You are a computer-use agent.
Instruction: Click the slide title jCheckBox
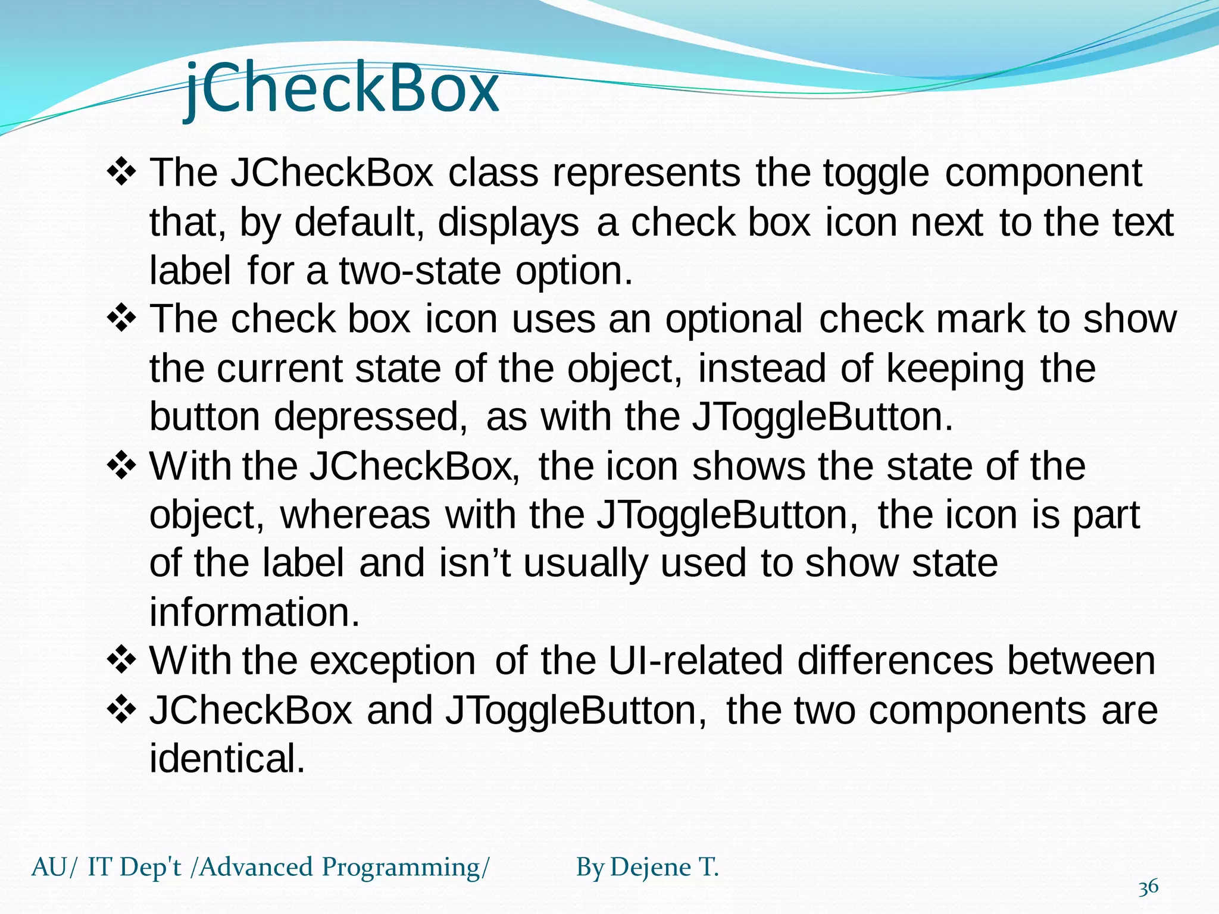(342, 89)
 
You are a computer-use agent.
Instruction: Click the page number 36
(1148, 887)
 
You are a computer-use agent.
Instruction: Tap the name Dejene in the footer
(651, 867)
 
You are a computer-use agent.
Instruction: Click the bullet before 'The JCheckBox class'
(122, 173)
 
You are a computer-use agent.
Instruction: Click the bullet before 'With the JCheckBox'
(122, 466)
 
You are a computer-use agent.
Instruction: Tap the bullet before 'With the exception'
(122, 661)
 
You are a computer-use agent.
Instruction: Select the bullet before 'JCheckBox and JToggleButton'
(122, 710)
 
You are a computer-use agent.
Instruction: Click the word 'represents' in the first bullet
(646, 173)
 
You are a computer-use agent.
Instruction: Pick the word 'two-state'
(420, 271)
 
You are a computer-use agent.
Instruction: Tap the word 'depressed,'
(370, 417)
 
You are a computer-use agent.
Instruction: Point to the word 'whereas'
(355, 515)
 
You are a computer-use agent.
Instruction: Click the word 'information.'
(255, 612)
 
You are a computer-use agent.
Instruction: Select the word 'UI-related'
(695, 661)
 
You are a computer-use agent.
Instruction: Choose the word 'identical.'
(227, 759)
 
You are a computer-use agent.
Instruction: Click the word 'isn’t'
(474, 563)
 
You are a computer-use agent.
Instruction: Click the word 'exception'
(392, 661)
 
